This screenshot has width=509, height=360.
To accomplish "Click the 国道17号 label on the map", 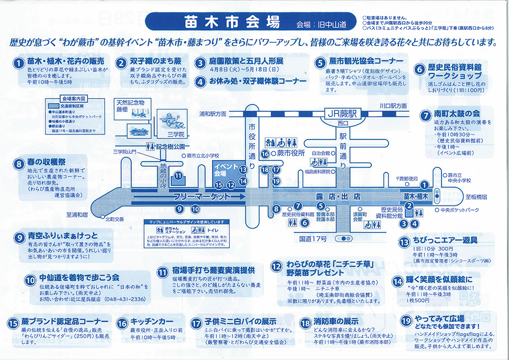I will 313,238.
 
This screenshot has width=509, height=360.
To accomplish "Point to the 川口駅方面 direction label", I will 392,106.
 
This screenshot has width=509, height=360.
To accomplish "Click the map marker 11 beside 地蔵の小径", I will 178,176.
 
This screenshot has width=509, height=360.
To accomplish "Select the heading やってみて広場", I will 439,318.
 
